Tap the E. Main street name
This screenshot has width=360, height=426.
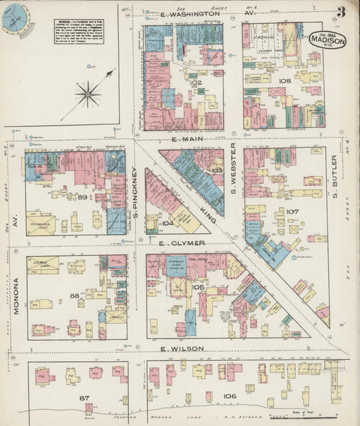(x=184, y=139)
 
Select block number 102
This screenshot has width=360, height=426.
(x=197, y=82)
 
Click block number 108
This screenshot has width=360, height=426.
(x=284, y=80)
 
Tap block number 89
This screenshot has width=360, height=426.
(x=82, y=197)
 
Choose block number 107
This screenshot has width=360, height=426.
(x=292, y=212)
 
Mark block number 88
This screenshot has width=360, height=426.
(x=74, y=295)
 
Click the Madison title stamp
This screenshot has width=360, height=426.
(x=328, y=39)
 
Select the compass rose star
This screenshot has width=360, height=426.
(x=88, y=93)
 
